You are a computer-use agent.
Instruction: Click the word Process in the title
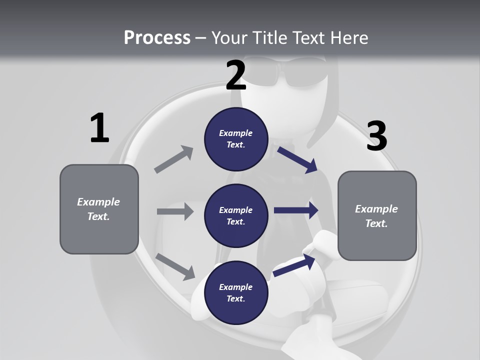click(x=157, y=38)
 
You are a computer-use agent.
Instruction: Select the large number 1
click(x=99, y=128)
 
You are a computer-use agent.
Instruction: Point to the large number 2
click(x=236, y=75)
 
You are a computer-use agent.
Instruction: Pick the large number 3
click(x=376, y=136)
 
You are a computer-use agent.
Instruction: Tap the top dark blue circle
click(x=236, y=139)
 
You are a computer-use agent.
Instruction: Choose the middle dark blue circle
click(x=236, y=216)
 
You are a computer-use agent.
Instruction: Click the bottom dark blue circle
click(x=236, y=293)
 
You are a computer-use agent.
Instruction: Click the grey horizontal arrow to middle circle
click(x=175, y=211)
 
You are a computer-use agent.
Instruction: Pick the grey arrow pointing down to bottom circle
click(x=175, y=266)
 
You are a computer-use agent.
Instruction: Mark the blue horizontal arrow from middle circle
click(x=296, y=210)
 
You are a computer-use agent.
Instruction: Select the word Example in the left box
click(x=98, y=202)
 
